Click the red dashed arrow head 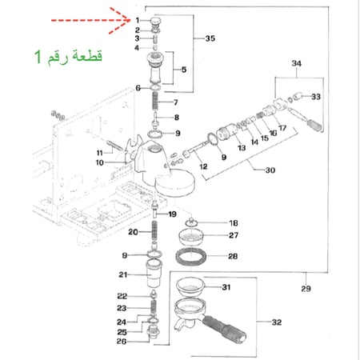(128, 17)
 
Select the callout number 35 (210, 38)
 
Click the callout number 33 (315, 96)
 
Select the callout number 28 (234, 257)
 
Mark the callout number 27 (234, 236)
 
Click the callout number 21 (123, 275)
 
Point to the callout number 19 (170, 214)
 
